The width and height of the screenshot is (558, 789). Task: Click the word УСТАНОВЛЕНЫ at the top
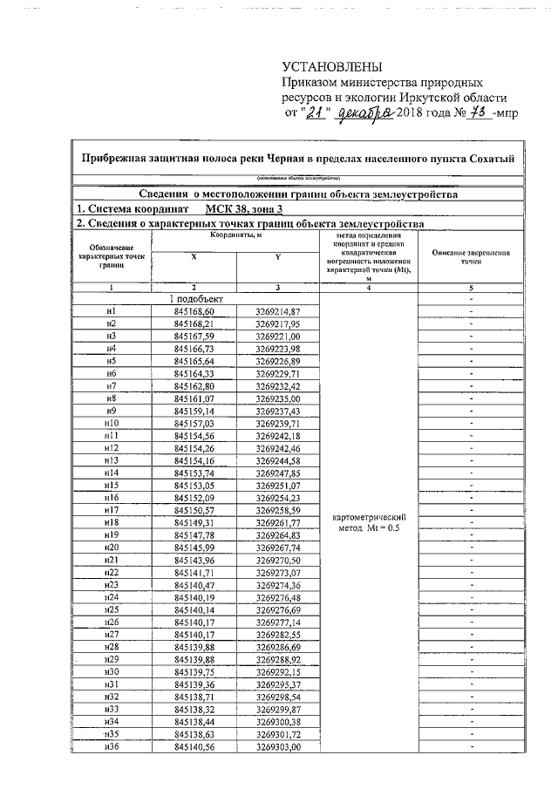(x=332, y=68)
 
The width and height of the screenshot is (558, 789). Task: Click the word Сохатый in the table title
(x=493, y=158)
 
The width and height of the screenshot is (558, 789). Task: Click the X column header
(x=194, y=256)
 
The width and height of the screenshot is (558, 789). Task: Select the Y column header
(x=277, y=256)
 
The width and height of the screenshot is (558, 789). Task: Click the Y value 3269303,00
(x=278, y=747)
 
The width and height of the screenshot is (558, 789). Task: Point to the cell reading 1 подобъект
(x=194, y=298)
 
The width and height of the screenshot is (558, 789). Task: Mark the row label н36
(x=111, y=747)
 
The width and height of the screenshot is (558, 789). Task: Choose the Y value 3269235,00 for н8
(x=278, y=398)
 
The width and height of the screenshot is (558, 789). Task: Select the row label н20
(x=111, y=548)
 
